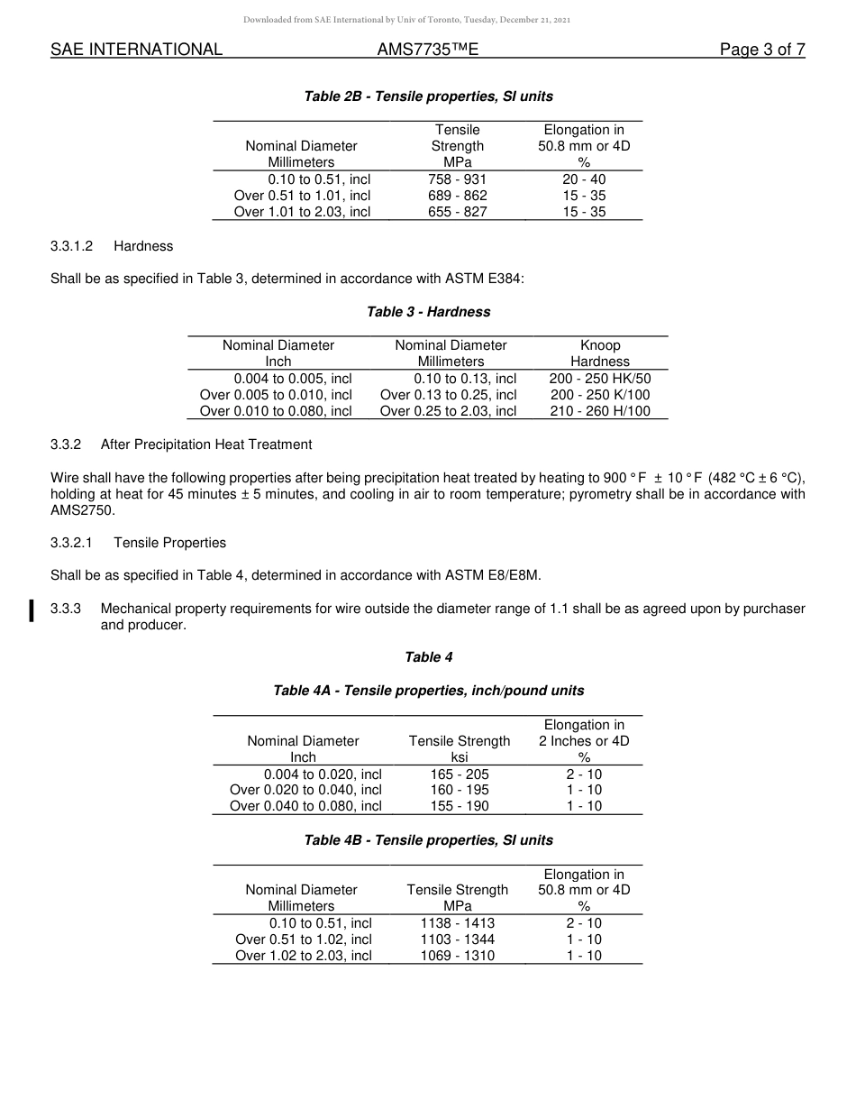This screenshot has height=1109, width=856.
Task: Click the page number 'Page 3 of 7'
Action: (x=761, y=50)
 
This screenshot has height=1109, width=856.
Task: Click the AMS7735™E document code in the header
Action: (x=427, y=50)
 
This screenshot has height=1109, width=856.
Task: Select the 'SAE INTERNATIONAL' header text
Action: (x=136, y=50)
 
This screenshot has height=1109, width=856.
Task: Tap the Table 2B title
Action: (x=428, y=96)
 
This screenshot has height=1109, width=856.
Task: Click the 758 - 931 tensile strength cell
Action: (x=457, y=179)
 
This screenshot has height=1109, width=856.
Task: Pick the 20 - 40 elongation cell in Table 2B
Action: (x=584, y=179)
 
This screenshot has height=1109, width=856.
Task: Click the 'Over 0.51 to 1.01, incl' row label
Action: (x=302, y=196)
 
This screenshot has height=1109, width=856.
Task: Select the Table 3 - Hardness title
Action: (x=428, y=312)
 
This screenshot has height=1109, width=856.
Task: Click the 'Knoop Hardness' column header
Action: (x=600, y=353)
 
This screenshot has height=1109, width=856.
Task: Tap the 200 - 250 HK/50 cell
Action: (x=599, y=379)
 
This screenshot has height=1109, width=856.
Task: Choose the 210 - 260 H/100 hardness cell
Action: (x=599, y=411)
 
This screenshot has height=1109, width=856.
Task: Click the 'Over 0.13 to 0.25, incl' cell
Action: (x=448, y=395)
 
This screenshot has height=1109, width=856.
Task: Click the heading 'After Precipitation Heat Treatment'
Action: (x=206, y=445)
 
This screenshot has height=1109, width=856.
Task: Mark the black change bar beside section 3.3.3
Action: (x=32, y=610)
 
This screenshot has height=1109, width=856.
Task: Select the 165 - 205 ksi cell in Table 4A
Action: (x=459, y=774)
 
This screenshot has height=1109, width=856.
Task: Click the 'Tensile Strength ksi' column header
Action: (x=459, y=748)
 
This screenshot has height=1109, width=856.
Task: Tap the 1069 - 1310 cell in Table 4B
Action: (x=457, y=956)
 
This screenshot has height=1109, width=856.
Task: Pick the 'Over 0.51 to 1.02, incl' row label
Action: (x=303, y=939)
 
